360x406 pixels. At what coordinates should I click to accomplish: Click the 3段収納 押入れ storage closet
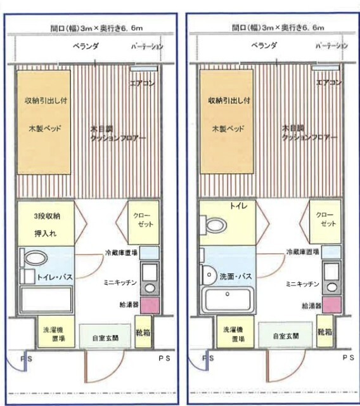[x=48, y=223]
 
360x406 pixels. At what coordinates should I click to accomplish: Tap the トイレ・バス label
[x=54, y=277]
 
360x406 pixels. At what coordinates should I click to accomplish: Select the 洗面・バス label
[x=236, y=277]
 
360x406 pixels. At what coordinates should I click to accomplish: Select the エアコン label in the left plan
[x=143, y=83]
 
